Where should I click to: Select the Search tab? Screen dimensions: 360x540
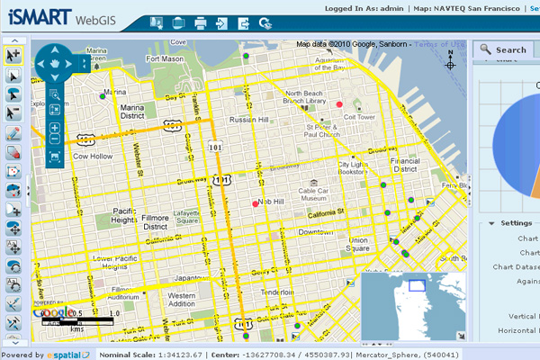click(503, 49)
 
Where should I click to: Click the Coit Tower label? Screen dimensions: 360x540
click(359, 116)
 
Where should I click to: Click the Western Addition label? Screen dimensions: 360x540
click(182, 300)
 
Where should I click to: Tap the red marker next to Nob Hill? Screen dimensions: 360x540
click(256, 205)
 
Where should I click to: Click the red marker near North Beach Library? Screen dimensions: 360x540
click(339, 104)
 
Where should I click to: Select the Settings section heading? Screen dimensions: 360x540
click(517, 223)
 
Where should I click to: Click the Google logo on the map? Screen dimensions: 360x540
click(49, 314)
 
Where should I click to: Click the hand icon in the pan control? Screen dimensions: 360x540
click(55, 64)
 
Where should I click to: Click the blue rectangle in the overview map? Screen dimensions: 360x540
click(417, 284)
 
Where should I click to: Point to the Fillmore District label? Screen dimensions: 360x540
click(156, 222)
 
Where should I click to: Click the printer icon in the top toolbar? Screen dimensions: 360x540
click(201, 23)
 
